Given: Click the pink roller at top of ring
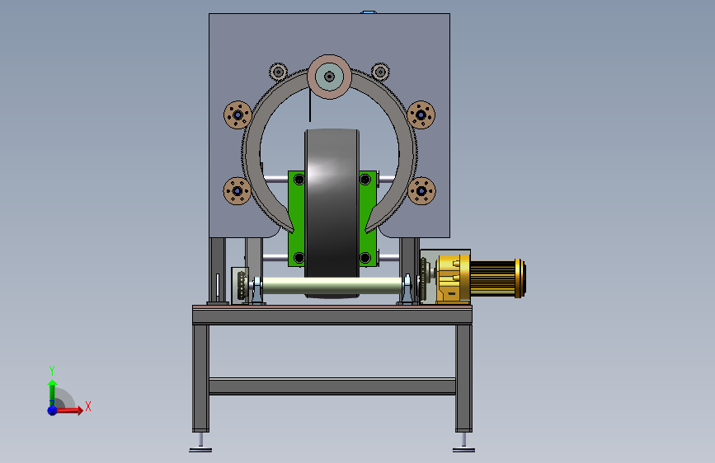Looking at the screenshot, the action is point(329,77).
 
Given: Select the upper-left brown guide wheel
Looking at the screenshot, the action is point(238,115).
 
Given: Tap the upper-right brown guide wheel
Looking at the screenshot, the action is point(421,115).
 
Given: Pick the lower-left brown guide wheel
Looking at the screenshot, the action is point(238,191).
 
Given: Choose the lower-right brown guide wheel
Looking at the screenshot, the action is point(421,191).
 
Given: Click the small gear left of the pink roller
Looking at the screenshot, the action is point(278,72).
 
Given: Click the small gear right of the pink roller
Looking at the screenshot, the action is point(380,72).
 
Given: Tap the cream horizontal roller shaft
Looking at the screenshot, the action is point(332,286).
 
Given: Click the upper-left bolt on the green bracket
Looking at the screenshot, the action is point(299,180).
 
